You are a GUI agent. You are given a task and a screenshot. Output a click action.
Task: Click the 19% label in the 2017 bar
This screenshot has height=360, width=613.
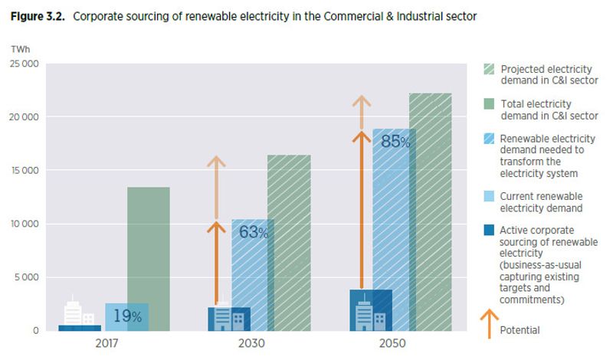click(x=127, y=316)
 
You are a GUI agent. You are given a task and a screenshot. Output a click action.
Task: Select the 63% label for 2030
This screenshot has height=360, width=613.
click(x=254, y=232)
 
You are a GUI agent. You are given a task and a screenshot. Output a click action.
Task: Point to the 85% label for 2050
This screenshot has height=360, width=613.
click(x=395, y=142)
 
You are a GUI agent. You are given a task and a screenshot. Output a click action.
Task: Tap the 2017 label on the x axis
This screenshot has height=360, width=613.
click(x=107, y=343)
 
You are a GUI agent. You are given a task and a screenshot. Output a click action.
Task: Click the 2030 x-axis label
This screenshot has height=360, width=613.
click(x=251, y=343)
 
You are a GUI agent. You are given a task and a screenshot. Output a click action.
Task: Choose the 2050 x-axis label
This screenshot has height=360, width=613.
click(x=392, y=343)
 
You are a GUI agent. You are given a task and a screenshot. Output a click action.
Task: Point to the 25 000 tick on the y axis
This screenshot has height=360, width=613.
click(x=25, y=64)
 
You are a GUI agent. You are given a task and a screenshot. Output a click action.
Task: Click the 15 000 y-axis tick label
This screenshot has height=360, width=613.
click(x=25, y=170)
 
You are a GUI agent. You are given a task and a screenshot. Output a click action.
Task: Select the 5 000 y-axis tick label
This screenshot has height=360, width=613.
click(x=27, y=277)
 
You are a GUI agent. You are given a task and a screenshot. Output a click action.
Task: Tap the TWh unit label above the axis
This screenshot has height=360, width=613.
click(x=21, y=49)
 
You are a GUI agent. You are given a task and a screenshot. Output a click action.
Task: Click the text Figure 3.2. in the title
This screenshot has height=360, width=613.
click(x=38, y=16)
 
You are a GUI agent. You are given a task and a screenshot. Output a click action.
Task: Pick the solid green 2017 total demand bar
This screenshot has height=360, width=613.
click(x=149, y=259)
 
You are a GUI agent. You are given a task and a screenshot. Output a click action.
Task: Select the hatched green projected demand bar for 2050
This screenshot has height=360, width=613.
click(x=431, y=212)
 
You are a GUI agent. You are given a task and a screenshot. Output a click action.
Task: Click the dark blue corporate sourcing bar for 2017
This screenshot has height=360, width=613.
click(x=80, y=328)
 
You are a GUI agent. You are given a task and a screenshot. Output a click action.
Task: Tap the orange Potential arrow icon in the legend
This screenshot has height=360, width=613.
click(x=489, y=324)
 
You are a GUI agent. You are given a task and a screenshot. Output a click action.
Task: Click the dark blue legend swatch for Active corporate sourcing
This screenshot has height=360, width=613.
click(x=489, y=230)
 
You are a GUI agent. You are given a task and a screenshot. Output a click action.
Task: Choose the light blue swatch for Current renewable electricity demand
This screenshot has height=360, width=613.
click(x=489, y=196)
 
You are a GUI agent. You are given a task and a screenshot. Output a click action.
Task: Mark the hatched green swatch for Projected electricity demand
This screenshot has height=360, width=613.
click(x=489, y=69)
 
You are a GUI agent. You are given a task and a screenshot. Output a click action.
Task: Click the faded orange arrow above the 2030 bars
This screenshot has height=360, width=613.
click(x=216, y=187)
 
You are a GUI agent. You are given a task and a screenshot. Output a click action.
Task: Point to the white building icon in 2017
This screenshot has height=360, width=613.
click(x=79, y=311)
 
